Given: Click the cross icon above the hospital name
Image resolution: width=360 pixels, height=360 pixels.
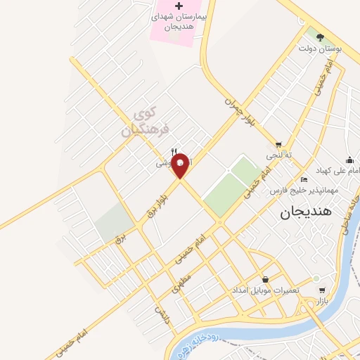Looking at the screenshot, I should click(x=179, y=6).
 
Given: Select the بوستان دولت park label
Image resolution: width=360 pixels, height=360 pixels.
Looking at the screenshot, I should click(x=320, y=49).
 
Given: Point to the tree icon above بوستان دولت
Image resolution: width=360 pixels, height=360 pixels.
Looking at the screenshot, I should click(x=321, y=37).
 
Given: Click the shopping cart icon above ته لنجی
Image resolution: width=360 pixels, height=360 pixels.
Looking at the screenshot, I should click(x=280, y=144).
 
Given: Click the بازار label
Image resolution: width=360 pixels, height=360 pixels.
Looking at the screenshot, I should click(x=322, y=301).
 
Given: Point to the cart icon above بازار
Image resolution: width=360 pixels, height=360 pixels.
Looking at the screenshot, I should click(x=321, y=290).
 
